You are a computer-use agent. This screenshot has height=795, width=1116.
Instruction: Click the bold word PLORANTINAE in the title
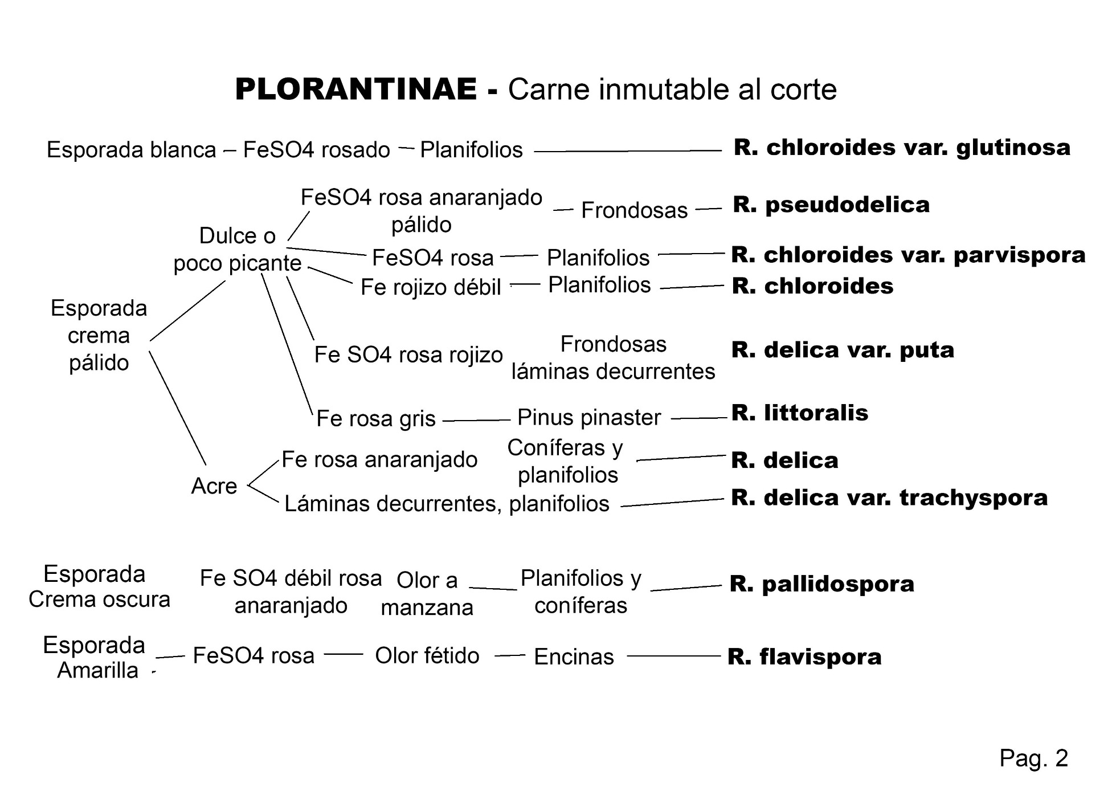pos(356,89)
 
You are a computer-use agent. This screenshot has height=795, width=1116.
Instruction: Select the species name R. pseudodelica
pos(831,205)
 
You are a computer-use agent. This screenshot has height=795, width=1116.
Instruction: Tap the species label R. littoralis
pos(799,413)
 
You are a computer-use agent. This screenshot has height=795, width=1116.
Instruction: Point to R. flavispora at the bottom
pos(804,657)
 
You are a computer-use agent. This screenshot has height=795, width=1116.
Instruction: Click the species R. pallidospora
pos(821,584)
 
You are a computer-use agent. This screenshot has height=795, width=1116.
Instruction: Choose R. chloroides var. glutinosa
pos(902,148)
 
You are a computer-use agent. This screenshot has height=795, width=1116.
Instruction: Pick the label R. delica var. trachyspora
pos(889,498)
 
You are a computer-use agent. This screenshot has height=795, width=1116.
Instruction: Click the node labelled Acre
pos(214,486)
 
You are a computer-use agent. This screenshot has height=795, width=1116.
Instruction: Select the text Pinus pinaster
pos(588,418)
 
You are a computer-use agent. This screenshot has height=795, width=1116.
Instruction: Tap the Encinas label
pos(574,657)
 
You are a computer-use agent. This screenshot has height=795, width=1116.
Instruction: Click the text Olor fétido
pos(427,656)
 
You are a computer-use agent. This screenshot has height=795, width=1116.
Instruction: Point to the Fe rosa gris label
pos(375,419)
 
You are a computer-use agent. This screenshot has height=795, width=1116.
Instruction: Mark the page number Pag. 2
pos(1033,759)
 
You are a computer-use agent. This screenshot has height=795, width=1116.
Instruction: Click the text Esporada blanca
pos(132,150)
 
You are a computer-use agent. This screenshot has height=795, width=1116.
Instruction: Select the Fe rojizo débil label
pos(431,287)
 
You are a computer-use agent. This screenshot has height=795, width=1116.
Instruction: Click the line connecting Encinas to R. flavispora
pos(673,656)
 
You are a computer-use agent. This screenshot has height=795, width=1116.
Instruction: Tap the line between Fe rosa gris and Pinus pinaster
pos(476,420)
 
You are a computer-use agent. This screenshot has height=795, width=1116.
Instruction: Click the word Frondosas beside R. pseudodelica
pos(634,211)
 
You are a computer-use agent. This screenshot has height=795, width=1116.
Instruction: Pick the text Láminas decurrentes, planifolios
pos(447,504)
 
